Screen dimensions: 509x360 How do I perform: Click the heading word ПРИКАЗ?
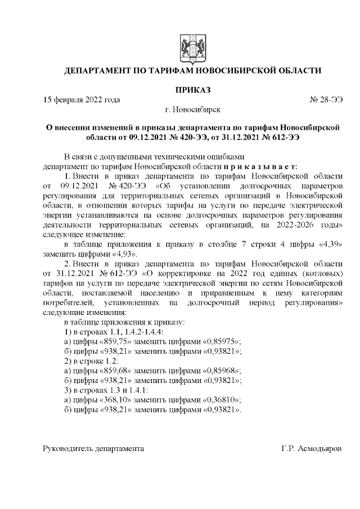pyautogui.click(x=193, y=89)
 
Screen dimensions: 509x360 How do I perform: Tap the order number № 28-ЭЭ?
pyautogui.click(x=326, y=100)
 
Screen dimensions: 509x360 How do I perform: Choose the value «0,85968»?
pyautogui.click(x=219, y=371)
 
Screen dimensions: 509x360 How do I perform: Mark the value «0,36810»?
pyautogui.click(x=218, y=400)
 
